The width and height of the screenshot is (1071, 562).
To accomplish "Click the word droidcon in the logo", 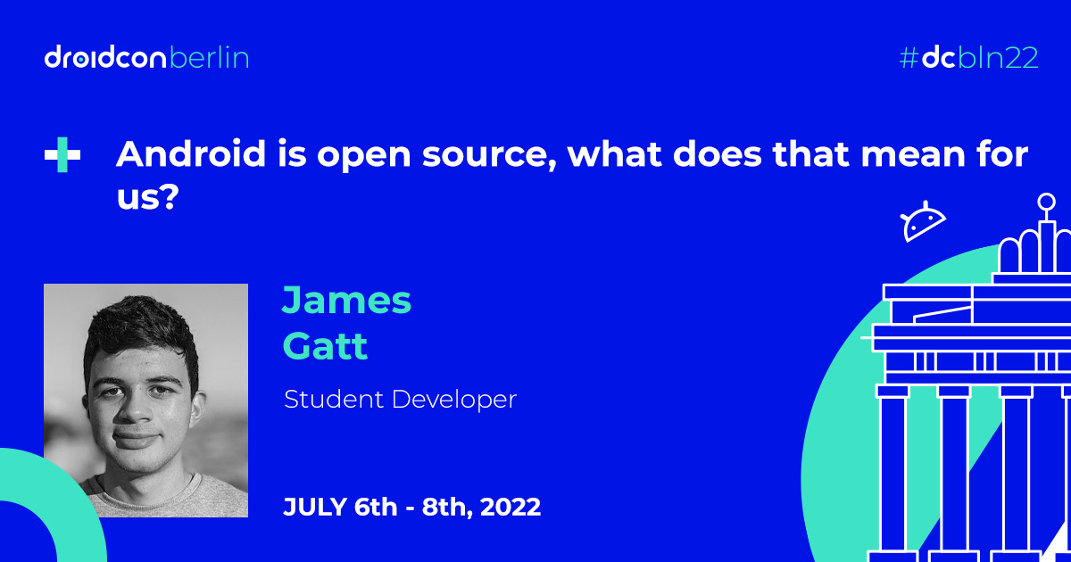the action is coord(105,57).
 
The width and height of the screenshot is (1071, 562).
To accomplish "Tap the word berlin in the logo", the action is coord(210,57).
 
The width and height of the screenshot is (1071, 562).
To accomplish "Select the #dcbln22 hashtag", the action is coord(968,58).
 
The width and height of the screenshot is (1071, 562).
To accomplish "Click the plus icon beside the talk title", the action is coord(62,154).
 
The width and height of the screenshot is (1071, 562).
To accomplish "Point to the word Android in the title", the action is coord(191,153).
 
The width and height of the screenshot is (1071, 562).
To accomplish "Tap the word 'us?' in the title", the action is coord(148,196).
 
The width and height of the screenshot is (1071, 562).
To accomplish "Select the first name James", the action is coord(346,300).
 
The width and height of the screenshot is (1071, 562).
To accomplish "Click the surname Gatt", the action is coord(325,345).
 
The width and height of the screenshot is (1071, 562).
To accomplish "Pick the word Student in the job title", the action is coord(334,399).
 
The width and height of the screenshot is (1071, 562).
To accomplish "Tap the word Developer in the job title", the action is coord(454,400).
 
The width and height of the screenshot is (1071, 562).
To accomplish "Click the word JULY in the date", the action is coord(315,507).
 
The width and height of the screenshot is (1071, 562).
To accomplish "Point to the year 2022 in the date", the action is coord(511,507).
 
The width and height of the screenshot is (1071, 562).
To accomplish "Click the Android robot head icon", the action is coord(922,221).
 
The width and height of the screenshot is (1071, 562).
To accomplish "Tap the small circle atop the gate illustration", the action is coord(1047,202).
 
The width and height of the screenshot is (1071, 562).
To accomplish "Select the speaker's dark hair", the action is coord(141,330).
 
